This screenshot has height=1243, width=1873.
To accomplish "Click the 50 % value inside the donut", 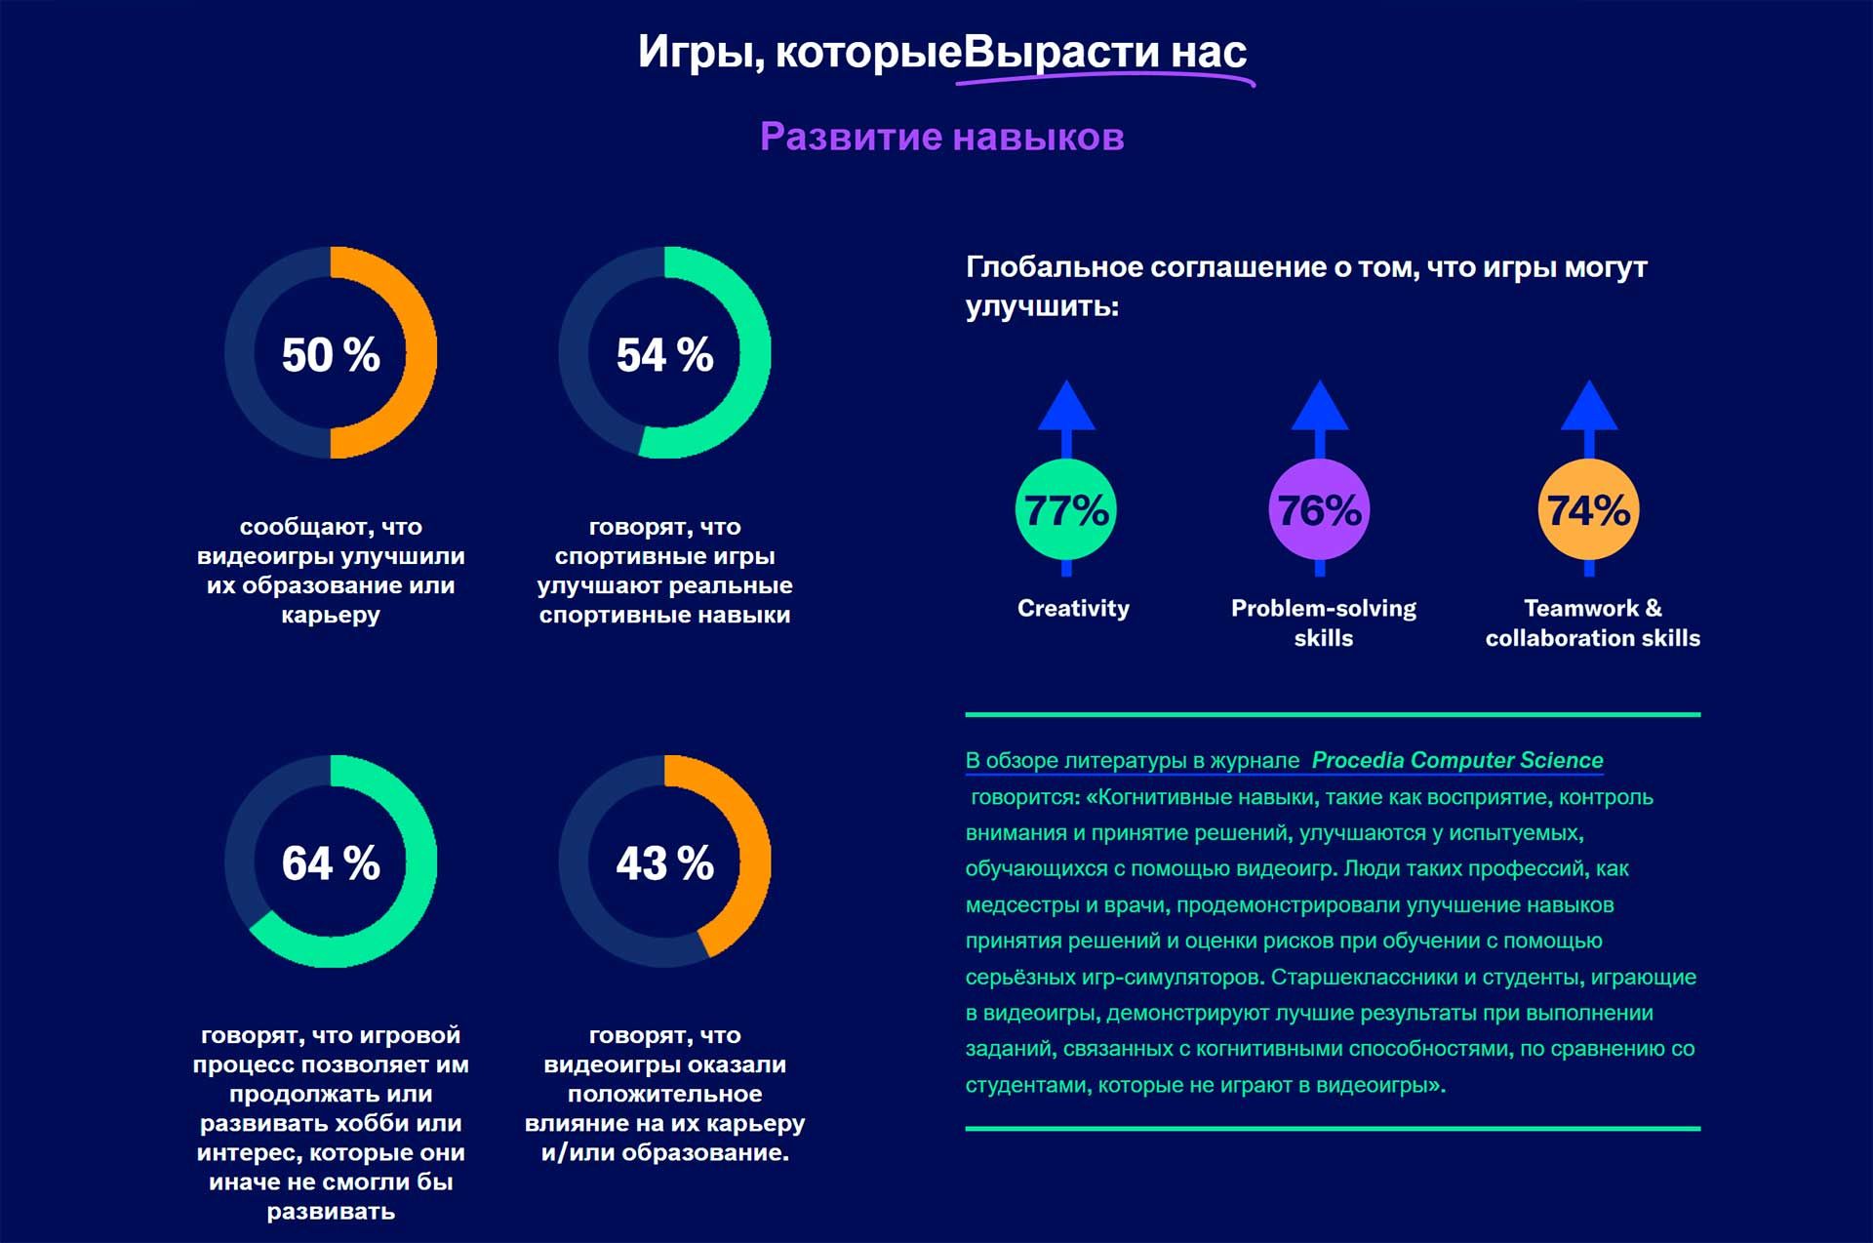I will [331, 354].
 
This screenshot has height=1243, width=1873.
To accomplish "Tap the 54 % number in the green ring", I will [664, 354].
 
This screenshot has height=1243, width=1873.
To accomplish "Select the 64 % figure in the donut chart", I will [331, 862].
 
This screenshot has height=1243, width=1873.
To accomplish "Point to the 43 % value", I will [664, 862].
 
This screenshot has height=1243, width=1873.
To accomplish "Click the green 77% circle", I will [1065, 510].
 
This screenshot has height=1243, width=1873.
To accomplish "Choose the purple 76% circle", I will [1319, 510].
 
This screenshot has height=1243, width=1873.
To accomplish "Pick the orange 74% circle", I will [1588, 510].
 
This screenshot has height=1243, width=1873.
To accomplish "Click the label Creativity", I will [1073, 608].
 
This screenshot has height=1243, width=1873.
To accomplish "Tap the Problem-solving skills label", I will [1323, 622].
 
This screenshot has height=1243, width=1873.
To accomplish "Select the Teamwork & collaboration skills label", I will [1592, 622].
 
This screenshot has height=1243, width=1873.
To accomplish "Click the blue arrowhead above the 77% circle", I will [1066, 407].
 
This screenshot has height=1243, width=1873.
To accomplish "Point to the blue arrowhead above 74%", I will [1589, 407].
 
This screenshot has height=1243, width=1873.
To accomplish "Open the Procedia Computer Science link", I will [1456, 760].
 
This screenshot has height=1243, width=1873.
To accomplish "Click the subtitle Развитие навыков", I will [941, 137].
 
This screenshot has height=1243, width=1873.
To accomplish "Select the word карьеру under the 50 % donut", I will [331, 615].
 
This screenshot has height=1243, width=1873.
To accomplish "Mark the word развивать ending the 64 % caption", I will [331, 1212].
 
